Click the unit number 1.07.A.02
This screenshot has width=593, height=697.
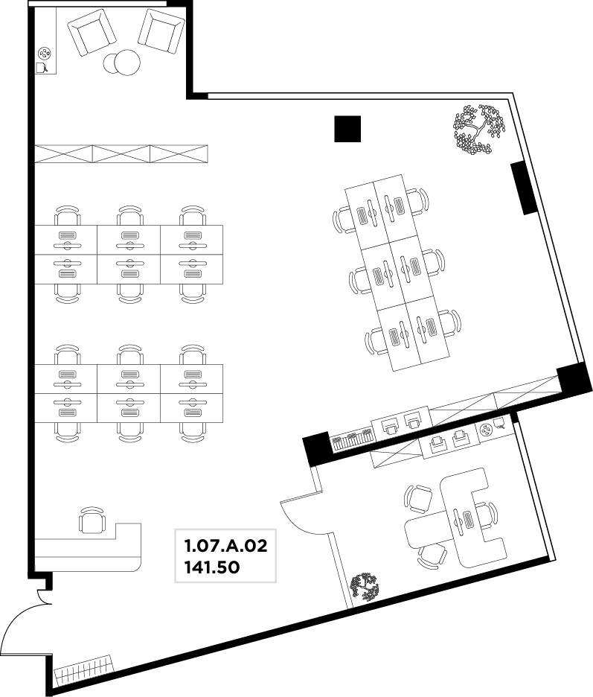(225, 545)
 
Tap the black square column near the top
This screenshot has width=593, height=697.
(347, 129)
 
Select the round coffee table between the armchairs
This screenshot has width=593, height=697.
(122, 63)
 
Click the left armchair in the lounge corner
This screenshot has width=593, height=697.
(90, 33)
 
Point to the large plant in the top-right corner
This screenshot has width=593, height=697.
(479, 130)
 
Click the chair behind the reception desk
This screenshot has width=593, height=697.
(92, 520)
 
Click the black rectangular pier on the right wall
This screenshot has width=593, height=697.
(524, 188)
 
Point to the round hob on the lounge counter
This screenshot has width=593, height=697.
(45, 54)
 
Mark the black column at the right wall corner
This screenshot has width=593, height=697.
(574, 378)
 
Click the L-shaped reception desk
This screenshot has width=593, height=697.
(88, 547)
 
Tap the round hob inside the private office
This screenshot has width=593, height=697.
(487, 430)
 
